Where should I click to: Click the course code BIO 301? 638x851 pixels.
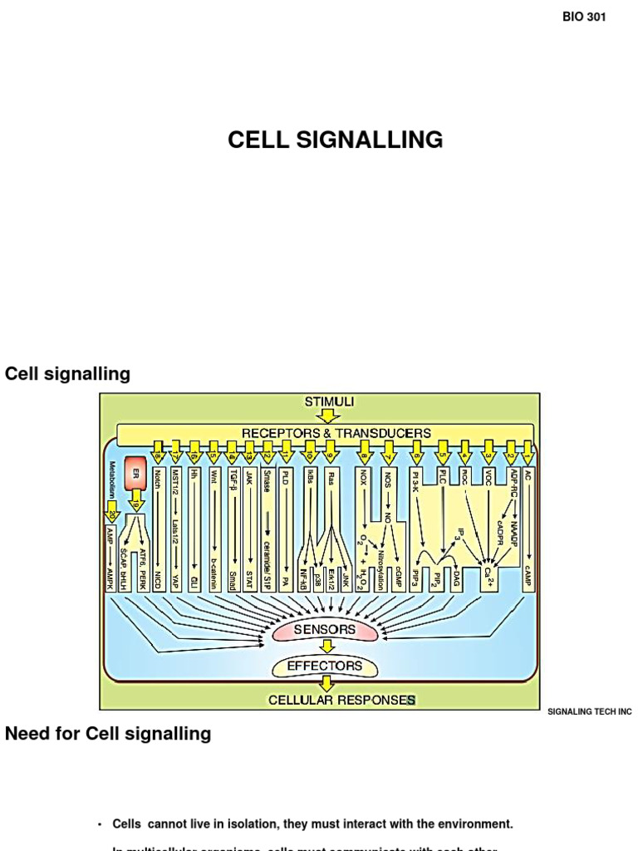pyautogui.click(x=584, y=18)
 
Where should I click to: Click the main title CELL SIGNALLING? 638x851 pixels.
pyautogui.click(x=336, y=140)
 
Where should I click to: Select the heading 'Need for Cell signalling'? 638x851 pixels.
pyautogui.click(x=108, y=734)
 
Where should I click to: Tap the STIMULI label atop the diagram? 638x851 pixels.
pyautogui.click(x=329, y=401)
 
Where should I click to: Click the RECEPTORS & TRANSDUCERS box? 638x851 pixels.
pyautogui.click(x=336, y=433)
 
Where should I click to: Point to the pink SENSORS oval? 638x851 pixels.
pyautogui.click(x=325, y=631)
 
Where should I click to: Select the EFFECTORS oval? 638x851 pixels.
pyautogui.click(x=325, y=666)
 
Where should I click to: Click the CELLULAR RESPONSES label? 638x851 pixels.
pyautogui.click(x=341, y=700)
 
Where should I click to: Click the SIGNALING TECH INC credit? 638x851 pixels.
pyautogui.click(x=590, y=712)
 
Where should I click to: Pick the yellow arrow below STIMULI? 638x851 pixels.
pyautogui.click(x=329, y=415)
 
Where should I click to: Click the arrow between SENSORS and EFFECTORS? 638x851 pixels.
pyautogui.click(x=325, y=648)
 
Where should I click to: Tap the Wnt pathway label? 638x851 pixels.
pyautogui.click(x=214, y=477)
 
